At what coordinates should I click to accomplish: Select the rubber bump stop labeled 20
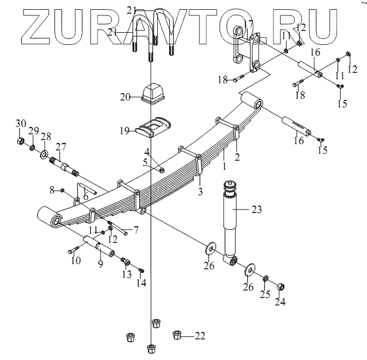[153, 93]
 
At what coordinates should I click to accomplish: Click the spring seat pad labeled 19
[151, 127]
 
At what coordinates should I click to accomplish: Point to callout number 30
[21, 124]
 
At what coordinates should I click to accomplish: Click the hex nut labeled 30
[19, 141]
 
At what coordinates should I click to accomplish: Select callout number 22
[200, 336]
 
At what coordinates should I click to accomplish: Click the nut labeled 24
[281, 287]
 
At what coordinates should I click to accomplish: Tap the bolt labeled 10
[72, 249]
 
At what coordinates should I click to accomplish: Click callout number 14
[140, 282]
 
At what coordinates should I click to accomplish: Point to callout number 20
[125, 98]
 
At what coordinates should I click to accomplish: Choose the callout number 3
[200, 192]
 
